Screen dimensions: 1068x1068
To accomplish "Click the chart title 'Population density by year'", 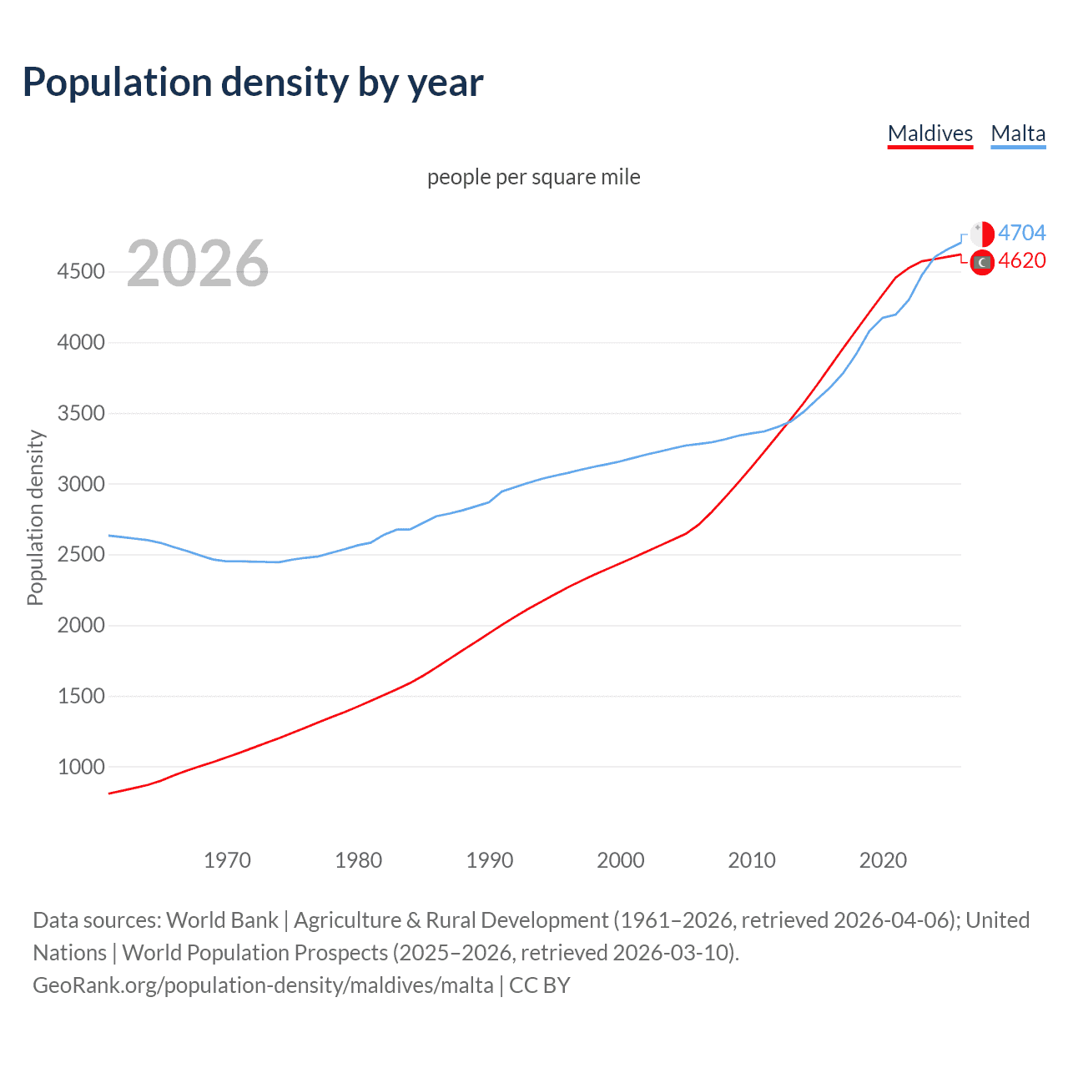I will click(x=253, y=83).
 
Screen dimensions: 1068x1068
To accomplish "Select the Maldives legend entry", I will click(x=929, y=133).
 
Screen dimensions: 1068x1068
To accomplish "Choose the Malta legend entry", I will click(x=1018, y=133).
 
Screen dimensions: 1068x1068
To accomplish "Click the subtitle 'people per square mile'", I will click(x=533, y=177).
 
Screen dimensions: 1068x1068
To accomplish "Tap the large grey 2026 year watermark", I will click(x=198, y=264).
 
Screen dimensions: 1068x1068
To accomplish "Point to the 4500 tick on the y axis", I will click(x=81, y=272).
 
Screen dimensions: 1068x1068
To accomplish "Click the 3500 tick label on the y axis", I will click(x=81, y=414).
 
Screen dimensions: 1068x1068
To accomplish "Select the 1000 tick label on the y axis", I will click(x=81, y=767).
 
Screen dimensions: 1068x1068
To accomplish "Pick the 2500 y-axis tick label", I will click(x=81, y=555).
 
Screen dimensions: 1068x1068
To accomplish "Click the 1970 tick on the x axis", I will click(x=227, y=860).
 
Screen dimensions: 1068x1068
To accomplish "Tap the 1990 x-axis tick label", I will click(x=490, y=860).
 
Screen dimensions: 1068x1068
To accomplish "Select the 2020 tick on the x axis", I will click(x=883, y=860).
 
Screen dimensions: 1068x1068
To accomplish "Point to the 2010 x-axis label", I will click(x=752, y=860).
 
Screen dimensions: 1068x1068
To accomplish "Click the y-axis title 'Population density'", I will click(x=35, y=517).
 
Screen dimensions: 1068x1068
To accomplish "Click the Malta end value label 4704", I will click(x=1021, y=233).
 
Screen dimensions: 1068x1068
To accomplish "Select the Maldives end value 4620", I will click(x=1021, y=261).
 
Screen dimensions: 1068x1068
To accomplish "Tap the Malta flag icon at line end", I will click(x=982, y=234).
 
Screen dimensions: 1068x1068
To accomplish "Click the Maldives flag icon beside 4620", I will click(x=982, y=262).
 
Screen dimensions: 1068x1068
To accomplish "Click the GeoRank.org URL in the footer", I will click(x=263, y=985).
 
